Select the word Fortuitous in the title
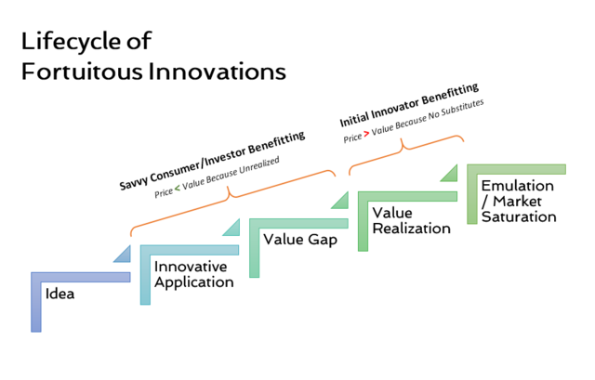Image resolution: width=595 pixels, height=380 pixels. pyautogui.click(x=83, y=72)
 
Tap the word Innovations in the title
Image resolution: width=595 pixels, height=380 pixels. pyautogui.click(x=217, y=72)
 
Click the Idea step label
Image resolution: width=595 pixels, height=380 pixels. pyautogui.click(x=59, y=294)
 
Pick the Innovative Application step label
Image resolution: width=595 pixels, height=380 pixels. pyautogui.click(x=194, y=275)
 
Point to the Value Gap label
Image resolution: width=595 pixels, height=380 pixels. pyautogui.click(x=300, y=240)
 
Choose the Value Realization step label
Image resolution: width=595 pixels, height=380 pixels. pyautogui.click(x=411, y=221)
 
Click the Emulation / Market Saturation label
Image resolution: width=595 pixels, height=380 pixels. pyautogui.click(x=519, y=202)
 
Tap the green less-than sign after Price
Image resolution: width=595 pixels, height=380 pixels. pyautogui.click(x=178, y=188)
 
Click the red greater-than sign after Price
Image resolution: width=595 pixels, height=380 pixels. pyautogui.click(x=366, y=134)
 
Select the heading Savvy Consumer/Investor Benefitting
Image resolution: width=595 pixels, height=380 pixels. pyautogui.click(x=212, y=161)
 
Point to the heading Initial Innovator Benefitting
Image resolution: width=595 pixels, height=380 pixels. pyautogui.click(x=409, y=105)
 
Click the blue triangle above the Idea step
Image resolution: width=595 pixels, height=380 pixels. pyautogui.click(x=122, y=254)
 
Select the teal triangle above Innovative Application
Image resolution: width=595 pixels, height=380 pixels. pyautogui.click(x=231, y=228)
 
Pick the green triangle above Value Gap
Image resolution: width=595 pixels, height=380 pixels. pyautogui.click(x=339, y=200)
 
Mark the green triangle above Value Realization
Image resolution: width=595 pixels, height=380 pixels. pyautogui.click(x=448, y=173)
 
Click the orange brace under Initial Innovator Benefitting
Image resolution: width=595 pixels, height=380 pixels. pyautogui.click(x=406, y=153)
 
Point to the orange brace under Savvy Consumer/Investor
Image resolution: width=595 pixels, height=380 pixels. pyautogui.click(x=232, y=203)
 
